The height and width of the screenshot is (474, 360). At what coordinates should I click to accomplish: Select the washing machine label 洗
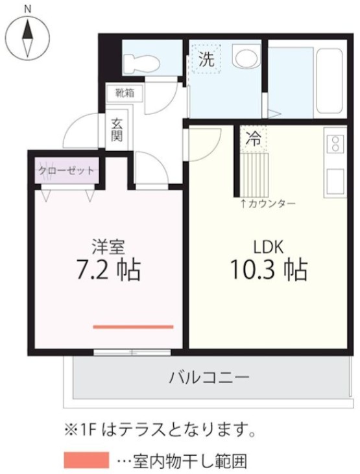tap(206, 60)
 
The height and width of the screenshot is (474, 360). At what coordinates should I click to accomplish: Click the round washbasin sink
tap(245, 58)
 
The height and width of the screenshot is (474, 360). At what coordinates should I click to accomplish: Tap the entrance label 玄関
tap(117, 130)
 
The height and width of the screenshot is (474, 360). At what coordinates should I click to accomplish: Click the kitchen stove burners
tap(335, 143)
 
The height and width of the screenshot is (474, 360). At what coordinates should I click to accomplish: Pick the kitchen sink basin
tap(335, 182)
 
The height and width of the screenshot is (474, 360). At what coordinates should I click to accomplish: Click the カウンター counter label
tap(268, 204)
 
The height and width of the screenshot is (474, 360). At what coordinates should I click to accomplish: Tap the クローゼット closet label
tap(66, 171)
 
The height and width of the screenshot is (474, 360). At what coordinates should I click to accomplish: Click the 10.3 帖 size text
tap(267, 270)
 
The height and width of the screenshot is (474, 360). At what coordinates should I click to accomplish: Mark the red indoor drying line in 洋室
tap(133, 327)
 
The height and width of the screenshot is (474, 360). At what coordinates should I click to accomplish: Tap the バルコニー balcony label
tap(209, 377)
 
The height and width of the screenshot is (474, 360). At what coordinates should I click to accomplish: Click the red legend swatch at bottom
tap(86, 460)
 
